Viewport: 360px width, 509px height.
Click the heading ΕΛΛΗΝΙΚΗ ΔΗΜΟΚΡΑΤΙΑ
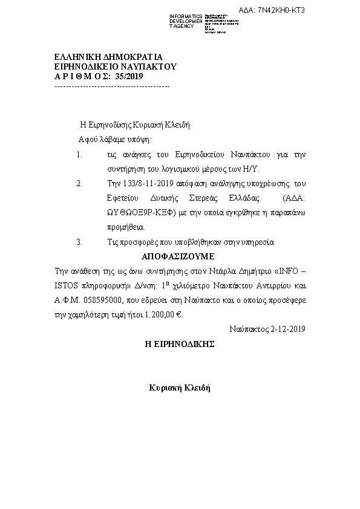[100, 57]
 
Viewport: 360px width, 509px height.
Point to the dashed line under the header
[112, 87]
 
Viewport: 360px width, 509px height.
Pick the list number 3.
[79, 242]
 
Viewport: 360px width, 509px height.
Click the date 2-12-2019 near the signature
[289, 329]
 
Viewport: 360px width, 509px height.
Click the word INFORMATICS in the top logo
[185, 16]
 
